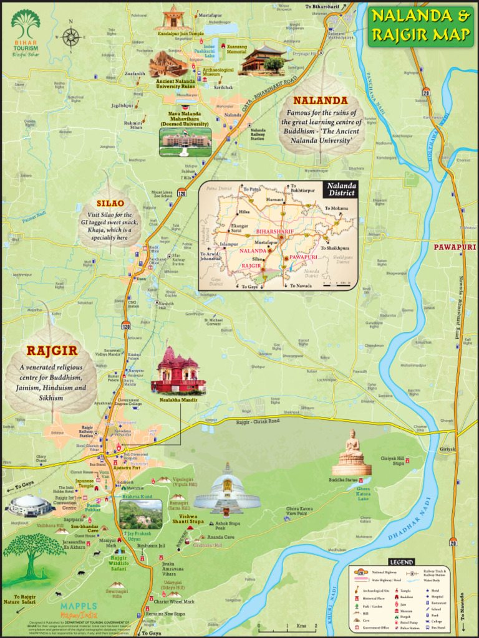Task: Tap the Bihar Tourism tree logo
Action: [x=25, y=26]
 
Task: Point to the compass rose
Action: [x=71, y=37]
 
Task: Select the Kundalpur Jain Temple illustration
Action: [x=173, y=17]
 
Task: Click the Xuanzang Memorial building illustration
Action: [x=261, y=60]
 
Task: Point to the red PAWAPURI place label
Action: [x=455, y=247]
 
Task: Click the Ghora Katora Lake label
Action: [x=364, y=493]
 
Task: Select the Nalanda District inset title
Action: [x=340, y=189]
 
